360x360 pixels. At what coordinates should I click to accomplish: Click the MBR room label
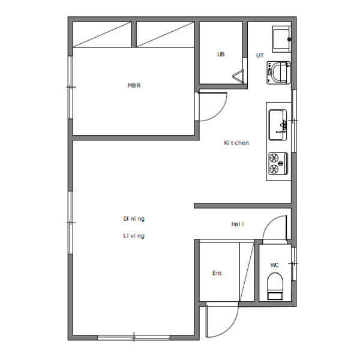pyautogui.click(x=134, y=85)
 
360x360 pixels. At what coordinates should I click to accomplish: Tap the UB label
pyautogui.click(x=221, y=55)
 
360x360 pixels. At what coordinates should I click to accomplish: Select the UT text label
pyautogui.click(x=260, y=56)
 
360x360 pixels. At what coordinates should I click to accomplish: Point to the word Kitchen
pyautogui.click(x=236, y=143)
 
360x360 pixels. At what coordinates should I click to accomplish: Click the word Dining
pyautogui.click(x=134, y=219)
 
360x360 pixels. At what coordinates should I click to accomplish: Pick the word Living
pyautogui.click(x=134, y=236)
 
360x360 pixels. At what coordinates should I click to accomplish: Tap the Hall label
pyautogui.click(x=238, y=224)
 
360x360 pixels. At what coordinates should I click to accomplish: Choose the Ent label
pyautogui.click(x=217, y=273)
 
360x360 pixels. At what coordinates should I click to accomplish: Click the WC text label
pyautogui.click(x=274, y=265)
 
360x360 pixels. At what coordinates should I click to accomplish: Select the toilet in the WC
pyautogui.click(x=275, y=286)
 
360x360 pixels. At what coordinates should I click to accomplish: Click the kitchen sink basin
pyautogui.click(x=278, y=125)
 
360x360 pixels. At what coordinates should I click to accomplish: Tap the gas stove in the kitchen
pyautogui.click(x=278, y=164)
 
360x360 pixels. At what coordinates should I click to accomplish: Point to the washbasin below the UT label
pyautogui.click(x=278, y=73)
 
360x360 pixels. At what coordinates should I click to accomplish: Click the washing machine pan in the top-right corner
pyautogui.click(x=282, y=39)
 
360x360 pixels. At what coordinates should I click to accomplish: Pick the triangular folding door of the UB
pyautogui.click(x=239, y=76)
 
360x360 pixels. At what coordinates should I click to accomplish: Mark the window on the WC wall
pyautogui.click(x=293, y=264)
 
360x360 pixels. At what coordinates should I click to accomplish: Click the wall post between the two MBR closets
pyautogui.click(x=134, y=34)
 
